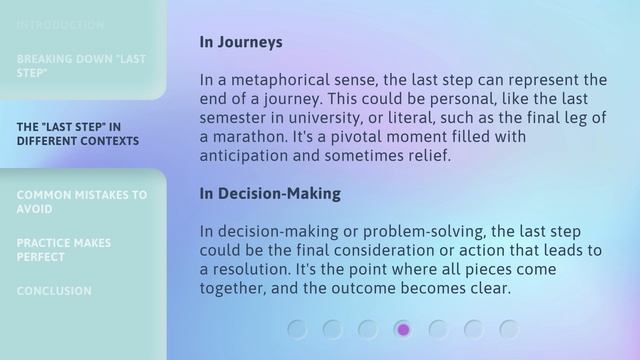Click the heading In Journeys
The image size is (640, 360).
241,42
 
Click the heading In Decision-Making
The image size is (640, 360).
270,193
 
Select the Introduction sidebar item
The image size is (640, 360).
60,24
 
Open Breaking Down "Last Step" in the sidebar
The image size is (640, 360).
81,66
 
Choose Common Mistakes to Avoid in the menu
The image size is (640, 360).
81,202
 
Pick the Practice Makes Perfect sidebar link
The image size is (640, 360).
64,250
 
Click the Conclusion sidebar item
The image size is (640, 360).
54,291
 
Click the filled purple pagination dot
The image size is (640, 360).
403,329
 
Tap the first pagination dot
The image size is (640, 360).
297,329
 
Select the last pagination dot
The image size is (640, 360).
509,329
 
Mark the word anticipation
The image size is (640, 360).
245,156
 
